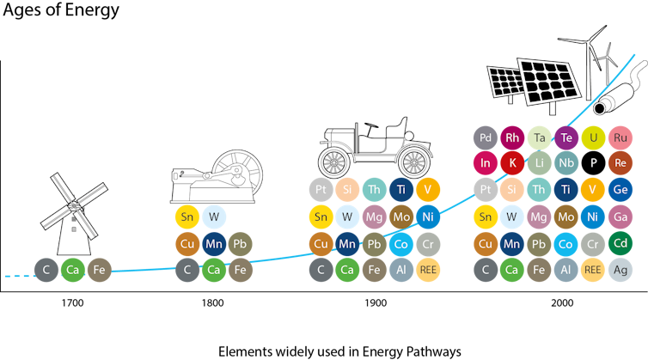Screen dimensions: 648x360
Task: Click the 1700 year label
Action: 72,303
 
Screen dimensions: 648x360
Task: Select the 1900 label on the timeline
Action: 376,303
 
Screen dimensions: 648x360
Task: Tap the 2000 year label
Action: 562,303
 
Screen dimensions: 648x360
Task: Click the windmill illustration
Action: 74,214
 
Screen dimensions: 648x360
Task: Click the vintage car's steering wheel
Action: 371,125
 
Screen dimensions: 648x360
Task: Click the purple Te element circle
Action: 566,137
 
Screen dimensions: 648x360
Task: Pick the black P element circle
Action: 594,163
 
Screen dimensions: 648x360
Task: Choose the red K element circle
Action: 512,163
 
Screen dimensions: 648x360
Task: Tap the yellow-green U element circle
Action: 594,137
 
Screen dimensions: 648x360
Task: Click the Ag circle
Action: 620,270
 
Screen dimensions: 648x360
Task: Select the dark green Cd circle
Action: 620,243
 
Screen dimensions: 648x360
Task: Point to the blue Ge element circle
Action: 620,190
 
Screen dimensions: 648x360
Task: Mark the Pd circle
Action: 486,137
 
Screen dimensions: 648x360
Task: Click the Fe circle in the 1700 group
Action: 99,270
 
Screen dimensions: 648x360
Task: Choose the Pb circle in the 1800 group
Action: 240,244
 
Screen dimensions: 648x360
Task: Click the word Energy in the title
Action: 92,10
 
